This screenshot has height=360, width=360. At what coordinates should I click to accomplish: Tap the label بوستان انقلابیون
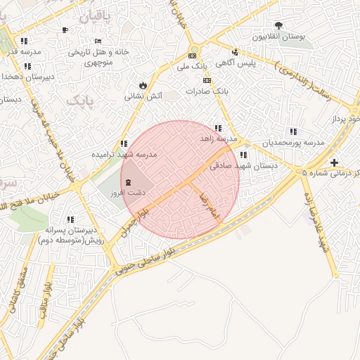pyautogui.click(x=281, y=37)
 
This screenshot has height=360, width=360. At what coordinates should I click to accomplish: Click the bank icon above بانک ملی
pyautogui.click(x=192, y=56)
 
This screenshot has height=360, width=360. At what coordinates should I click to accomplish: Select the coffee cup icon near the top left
pyautogui.click(x=65, y=30)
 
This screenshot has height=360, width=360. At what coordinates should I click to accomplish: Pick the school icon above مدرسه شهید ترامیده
pyautogui.click(x=124, y=143)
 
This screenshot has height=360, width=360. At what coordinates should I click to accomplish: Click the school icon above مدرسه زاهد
pyautogui.click(x=218, y=128)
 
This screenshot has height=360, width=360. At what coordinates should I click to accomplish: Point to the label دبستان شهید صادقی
pyautogui.click(x=244, y=167)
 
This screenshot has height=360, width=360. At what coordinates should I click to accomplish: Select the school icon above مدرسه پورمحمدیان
pyautogui.click(x=292, y=131)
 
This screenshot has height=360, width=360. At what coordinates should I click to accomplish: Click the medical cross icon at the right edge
pyautogui.click(x=333, y=162)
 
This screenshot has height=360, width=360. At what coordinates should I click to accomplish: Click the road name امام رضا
pyautogui.click(x=210, y=203)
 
